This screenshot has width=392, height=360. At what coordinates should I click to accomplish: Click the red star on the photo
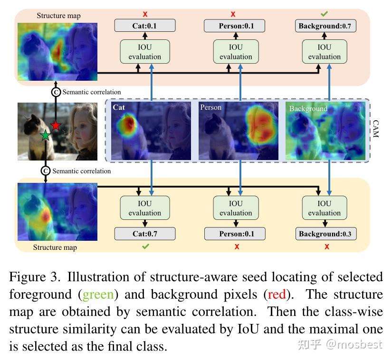56,125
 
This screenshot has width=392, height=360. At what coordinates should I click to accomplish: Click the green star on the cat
45,136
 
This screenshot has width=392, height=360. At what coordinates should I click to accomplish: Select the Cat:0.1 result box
145,26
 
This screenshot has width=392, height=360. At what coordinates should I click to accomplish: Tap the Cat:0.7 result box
145,234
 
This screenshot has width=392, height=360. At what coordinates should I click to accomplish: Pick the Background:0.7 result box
325,26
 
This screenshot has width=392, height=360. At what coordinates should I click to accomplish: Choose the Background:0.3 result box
325,234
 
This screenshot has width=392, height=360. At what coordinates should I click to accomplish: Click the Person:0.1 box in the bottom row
236,234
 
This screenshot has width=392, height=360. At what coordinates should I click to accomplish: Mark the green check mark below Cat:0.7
146,246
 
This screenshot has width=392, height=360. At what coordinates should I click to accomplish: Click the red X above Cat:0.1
145,14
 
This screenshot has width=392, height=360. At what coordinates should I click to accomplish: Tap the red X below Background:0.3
327,246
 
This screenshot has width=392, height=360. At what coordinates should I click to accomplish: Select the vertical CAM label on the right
375,129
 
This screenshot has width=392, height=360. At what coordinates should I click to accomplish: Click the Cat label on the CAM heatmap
119,108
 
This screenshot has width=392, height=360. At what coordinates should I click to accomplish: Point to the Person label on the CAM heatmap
210,107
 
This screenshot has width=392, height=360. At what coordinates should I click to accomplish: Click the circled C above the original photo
56,92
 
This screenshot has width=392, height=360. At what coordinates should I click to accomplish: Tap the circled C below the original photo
46,171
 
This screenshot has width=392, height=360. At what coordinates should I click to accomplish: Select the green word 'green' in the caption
98,294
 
